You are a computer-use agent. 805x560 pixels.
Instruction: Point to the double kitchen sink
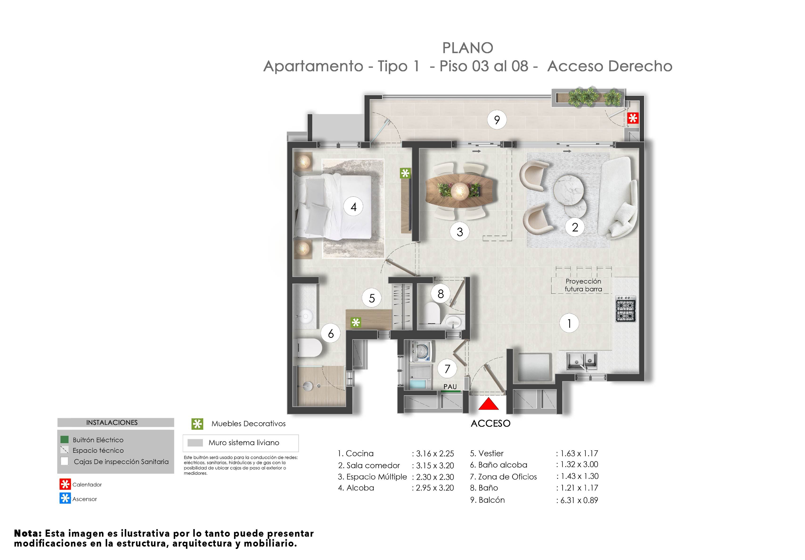pyautogui.click(x=582, y=361)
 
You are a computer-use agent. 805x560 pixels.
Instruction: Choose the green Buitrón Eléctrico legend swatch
pyautogui.click(x=65, y=440)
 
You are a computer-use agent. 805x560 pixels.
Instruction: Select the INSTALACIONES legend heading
pyautogui.click(x=112, y=423)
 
